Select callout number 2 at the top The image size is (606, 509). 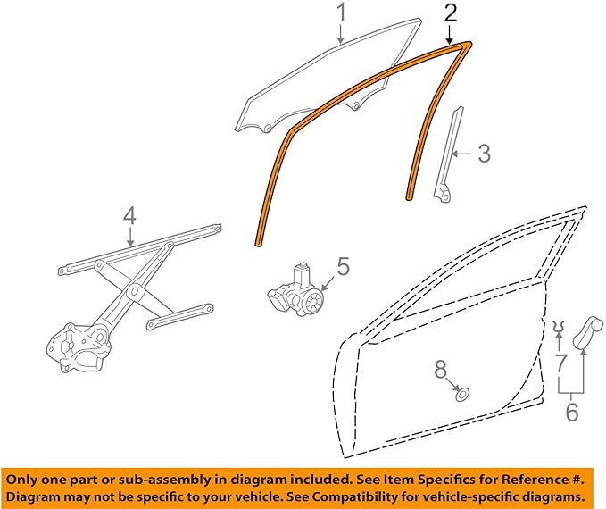(452, 13)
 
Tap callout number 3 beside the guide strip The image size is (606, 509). (483, 154)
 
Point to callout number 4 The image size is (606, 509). (129, 216)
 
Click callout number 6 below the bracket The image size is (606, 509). (571, 412)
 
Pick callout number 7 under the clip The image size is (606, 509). (560, 363)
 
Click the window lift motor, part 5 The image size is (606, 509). (300, 291)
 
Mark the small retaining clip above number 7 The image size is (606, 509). (560, 326)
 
